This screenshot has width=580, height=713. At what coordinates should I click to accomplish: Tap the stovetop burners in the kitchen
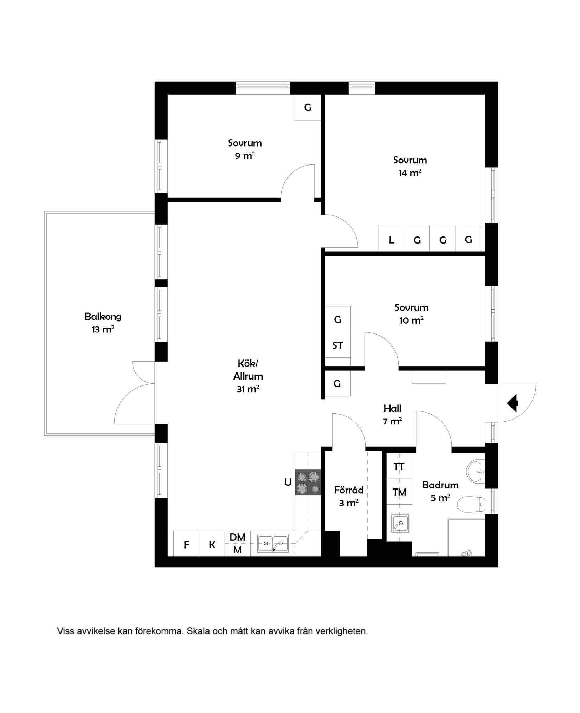pos(308,483)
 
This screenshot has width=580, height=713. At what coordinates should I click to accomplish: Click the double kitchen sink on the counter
pos(273,543)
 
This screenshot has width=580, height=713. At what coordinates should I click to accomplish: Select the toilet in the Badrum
pos(472,505)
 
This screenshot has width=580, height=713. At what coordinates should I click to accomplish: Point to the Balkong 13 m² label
pos(103,323)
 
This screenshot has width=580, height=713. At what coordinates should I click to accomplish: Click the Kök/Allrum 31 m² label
pos(248,376)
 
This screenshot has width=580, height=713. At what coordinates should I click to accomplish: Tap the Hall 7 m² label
pos(392,415)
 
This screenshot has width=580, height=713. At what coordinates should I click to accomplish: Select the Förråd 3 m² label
pos(349,496)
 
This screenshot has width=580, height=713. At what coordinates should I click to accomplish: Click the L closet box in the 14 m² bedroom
pos(391,240)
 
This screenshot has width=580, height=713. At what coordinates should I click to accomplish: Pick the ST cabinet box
pos(337,345)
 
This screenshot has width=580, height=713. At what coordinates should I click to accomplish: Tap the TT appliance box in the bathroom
pos(399,467)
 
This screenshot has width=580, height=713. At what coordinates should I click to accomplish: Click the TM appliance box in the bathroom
pos(399,492)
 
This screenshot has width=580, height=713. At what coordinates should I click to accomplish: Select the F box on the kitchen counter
pos(187,545)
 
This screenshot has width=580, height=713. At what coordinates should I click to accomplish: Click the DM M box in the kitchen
pos(238,543)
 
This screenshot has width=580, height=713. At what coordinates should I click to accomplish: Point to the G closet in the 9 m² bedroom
pos(308,108)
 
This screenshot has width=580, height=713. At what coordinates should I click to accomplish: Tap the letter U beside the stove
pos(288,482)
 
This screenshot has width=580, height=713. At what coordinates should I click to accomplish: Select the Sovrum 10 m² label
pos(411,314)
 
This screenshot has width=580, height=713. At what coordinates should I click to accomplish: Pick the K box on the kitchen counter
pos(212,545)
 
